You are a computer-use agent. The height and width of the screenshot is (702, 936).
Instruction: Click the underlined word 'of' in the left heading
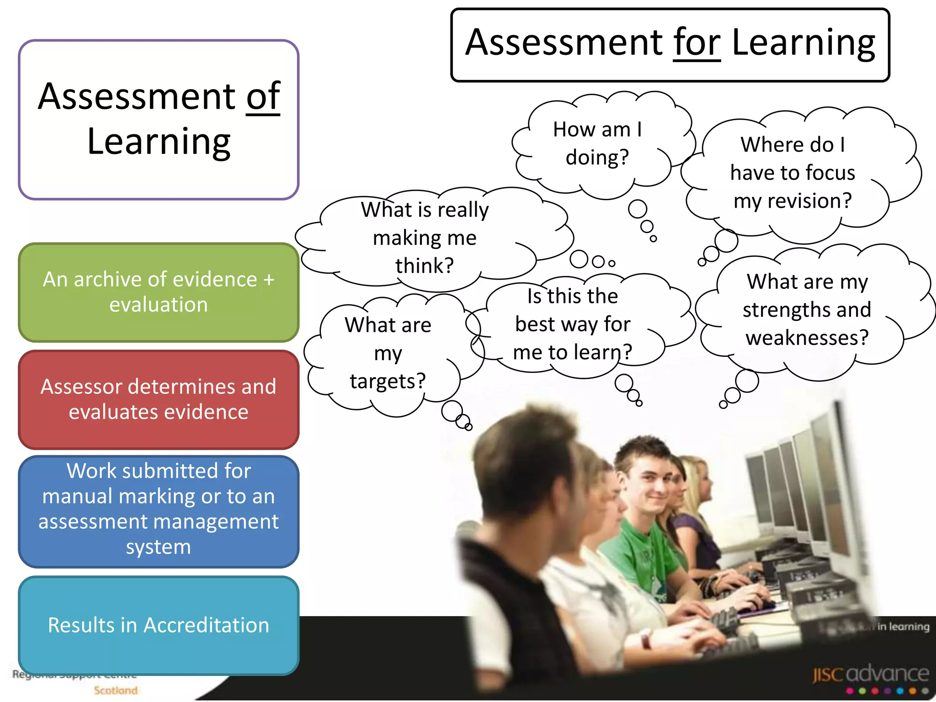[263, 97]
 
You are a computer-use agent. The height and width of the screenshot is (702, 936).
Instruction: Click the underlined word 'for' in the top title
[697, 43]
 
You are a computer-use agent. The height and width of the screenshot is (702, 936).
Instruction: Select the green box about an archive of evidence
[159, 292]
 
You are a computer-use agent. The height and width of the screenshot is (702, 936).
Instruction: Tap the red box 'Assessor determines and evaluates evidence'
[159, 399]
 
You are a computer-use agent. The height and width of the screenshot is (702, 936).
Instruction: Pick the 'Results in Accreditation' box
[159, 625]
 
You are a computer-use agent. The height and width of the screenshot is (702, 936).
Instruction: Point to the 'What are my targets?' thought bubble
[388, 353]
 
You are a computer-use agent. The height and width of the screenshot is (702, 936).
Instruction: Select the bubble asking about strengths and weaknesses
[807, 310]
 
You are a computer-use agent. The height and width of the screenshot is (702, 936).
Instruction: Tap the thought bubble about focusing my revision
[792, 173]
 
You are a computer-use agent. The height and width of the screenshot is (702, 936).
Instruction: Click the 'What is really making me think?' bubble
[425, 238]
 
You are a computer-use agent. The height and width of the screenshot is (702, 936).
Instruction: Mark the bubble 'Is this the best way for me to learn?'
[572, 324]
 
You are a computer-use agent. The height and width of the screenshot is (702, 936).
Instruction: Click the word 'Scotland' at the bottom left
[116, 690]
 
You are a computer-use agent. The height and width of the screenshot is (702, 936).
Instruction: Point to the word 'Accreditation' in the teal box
[206, 625]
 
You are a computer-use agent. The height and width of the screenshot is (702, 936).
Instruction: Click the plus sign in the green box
[269, 279]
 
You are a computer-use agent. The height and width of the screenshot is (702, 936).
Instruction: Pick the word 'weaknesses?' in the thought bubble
[807, 338]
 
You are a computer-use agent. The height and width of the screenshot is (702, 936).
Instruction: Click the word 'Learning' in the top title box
[803, 43]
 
